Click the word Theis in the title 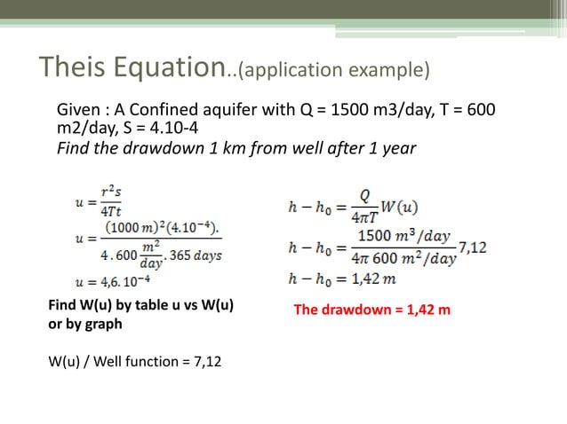point(68,67)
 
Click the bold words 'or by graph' point(84,324)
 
